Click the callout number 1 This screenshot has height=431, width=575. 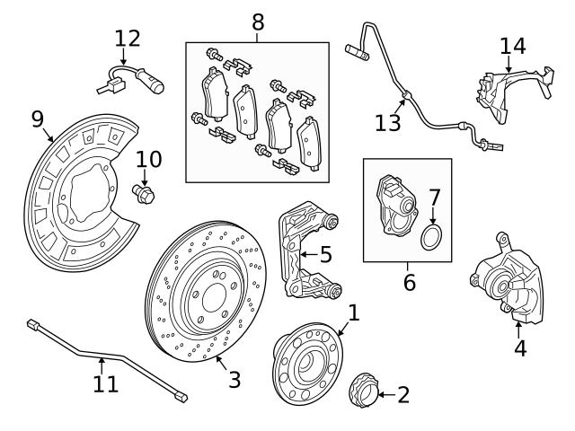353,312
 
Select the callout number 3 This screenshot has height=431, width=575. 234,379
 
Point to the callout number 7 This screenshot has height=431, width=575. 434,196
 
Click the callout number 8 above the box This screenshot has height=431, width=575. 258,20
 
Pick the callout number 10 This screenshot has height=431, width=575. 148,160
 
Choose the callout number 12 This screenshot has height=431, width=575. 128,39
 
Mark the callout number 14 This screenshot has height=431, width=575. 512,46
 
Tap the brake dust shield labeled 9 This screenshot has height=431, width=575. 76,193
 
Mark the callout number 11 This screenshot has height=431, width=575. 105,384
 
